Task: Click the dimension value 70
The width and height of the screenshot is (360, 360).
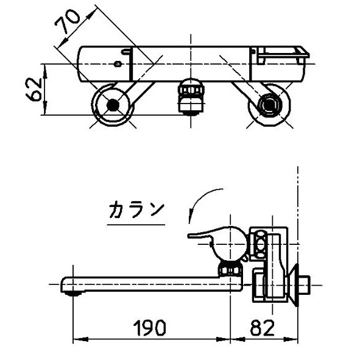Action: click(x=68, y=26)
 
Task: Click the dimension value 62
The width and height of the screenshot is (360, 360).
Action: click(x=35, y=89)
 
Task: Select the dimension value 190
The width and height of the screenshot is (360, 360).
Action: click(x=149, y=328)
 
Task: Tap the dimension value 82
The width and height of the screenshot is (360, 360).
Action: click(x=261, y=328)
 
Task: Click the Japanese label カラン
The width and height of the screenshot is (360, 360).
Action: click(x=136, y=210)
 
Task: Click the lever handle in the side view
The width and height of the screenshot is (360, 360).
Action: click(x=207, y=233)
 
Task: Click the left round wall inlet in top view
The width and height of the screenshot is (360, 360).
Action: click(x=111, y=105)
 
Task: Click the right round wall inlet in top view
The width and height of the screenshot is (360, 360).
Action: click(x=268, y=105)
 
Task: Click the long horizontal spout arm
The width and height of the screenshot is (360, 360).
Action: click(x=146, y=283)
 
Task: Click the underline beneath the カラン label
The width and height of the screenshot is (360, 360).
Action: click(x=136, y=225)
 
